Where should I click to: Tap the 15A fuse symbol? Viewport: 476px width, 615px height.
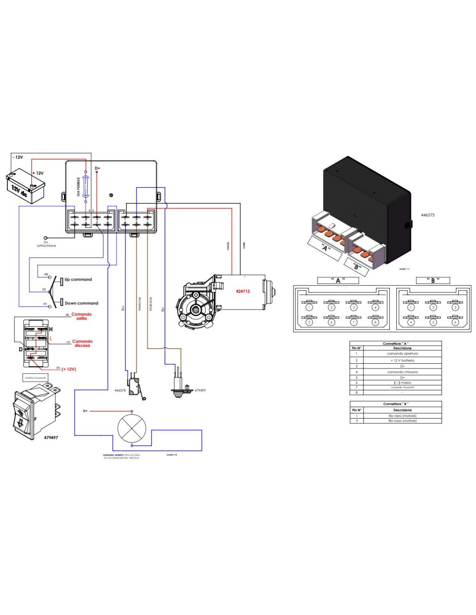tap(86, 187)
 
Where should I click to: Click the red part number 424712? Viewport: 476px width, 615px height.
tap(243, 291)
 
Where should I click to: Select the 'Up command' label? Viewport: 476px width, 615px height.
tap(78, 279)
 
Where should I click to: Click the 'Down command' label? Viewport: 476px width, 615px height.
tap(81, 303)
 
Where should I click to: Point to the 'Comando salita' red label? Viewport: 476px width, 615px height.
tap(81, 316)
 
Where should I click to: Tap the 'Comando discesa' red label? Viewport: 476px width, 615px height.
tap(82, 343)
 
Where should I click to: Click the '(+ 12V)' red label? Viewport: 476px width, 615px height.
tap(69, 369)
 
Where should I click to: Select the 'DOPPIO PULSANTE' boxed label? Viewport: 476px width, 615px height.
tap(35, 378)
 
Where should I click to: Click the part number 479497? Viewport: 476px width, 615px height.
tap(51, 438)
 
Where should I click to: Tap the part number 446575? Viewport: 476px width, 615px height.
tap(428, 215)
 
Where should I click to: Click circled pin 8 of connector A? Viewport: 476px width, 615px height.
tap(375, 322)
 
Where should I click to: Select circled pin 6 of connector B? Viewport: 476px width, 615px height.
tap(455, 322)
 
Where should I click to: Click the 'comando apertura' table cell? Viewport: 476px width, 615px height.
tap(402, 354)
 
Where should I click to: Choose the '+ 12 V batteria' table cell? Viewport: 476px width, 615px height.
tap(402, 360)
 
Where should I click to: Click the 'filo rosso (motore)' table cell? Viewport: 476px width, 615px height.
tap(402, 421)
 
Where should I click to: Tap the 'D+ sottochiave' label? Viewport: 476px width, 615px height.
tap(46, 244)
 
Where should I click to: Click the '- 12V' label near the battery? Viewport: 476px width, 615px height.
tap(18, 157)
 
